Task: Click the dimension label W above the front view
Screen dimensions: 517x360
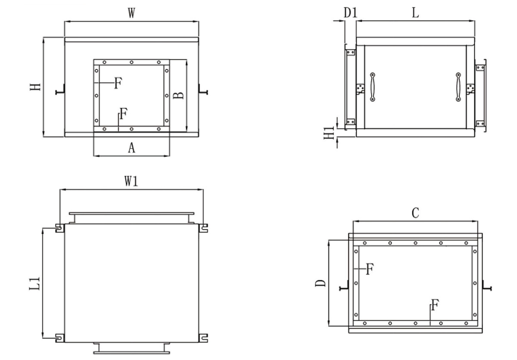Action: (131, 13)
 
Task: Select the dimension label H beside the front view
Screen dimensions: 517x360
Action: (35, 87)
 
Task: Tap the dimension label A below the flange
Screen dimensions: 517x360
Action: (131, 148)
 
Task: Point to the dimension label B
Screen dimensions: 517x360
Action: (178, 96)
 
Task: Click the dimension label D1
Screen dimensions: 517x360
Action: (351, 12)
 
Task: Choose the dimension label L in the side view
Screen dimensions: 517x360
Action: (415, 12)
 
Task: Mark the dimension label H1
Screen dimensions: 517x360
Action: (329, 133)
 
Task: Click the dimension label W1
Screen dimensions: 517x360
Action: (131, 181)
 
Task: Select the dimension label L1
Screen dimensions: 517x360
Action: (34, 283)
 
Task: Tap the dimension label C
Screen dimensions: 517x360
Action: (415, 213)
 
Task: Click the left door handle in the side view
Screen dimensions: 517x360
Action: (373, 87)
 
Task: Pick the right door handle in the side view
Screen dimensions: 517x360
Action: (458, 87)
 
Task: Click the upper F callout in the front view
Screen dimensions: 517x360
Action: (118, 83)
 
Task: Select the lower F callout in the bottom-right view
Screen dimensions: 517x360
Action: (435, 305)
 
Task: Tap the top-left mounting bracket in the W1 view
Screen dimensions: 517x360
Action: (60, 228)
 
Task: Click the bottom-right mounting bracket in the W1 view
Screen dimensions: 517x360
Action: (203, 338)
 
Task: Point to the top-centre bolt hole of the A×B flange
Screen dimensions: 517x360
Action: (131, 62)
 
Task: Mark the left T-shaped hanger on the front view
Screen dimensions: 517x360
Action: (60, 90)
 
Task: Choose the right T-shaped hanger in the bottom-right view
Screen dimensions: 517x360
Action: (487, 286)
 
